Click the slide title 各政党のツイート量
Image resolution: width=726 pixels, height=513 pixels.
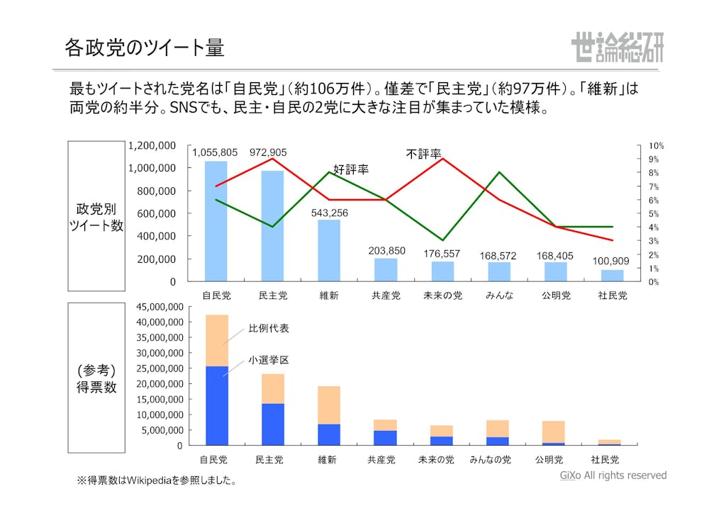point(145,47)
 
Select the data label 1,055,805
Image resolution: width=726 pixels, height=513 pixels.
point(215,152)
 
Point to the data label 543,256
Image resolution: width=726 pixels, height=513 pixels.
point(330,213)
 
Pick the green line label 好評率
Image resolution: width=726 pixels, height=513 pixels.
point(351,170)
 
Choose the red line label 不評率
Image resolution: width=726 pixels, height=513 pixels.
point(424,154)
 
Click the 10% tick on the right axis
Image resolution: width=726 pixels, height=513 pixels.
point(656,145)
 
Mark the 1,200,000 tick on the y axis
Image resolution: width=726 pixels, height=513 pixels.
point(152,145)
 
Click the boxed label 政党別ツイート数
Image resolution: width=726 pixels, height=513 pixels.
point(96,217)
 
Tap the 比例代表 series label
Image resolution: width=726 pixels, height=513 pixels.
point(269,329)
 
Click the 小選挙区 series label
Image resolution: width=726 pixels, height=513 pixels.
point(269,360)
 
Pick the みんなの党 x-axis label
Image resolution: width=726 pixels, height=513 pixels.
point(490,459)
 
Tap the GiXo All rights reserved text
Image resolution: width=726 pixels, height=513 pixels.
point(613,475)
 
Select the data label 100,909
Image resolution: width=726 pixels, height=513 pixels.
point(611,261)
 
